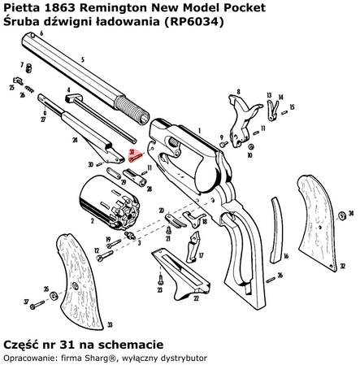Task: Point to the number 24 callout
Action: [x=75, y=140]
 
